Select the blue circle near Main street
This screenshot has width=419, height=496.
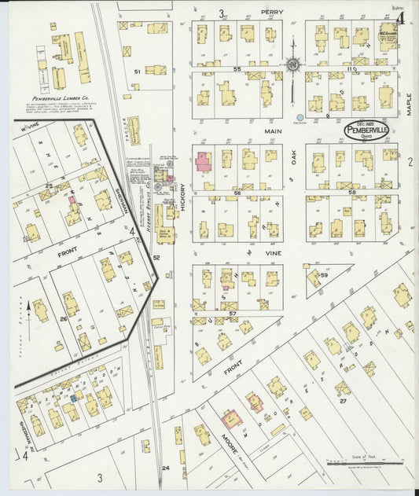(x=300, y=117)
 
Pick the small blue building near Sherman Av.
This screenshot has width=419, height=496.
(x=73, y=399)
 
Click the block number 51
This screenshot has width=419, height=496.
(x=137, y=72)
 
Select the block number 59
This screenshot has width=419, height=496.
(x=323, y=274)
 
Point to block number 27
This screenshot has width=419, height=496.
(x=343, y=401)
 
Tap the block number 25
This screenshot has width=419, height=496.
(x=49, y=186)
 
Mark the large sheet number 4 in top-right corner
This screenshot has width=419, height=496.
(x=401, y=17)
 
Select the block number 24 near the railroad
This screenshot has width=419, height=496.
(x=165, y=468)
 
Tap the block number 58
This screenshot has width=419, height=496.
(x=352, y=192)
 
